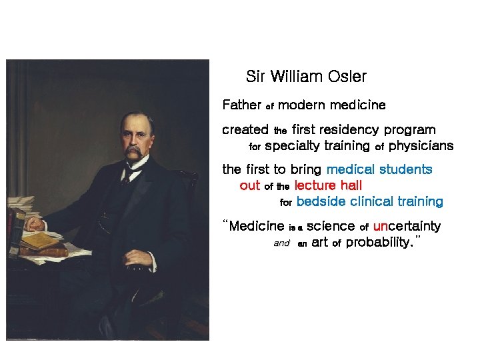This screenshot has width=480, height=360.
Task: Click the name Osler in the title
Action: click(347, 77)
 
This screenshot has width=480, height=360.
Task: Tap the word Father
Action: click(241, 105)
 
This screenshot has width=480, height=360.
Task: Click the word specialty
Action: click(317, 146)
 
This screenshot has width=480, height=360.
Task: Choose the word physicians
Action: click(421, 146)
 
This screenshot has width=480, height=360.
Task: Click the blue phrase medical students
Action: click(379, 170)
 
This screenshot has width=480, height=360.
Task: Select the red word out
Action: click(249, 185)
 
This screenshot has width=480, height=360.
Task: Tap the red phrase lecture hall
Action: click(328, 185)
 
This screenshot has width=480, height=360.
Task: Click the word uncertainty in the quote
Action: click(407, 227)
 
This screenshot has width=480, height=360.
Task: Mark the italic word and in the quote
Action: click(281, 243)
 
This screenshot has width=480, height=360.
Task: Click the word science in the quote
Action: click(331, 227)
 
